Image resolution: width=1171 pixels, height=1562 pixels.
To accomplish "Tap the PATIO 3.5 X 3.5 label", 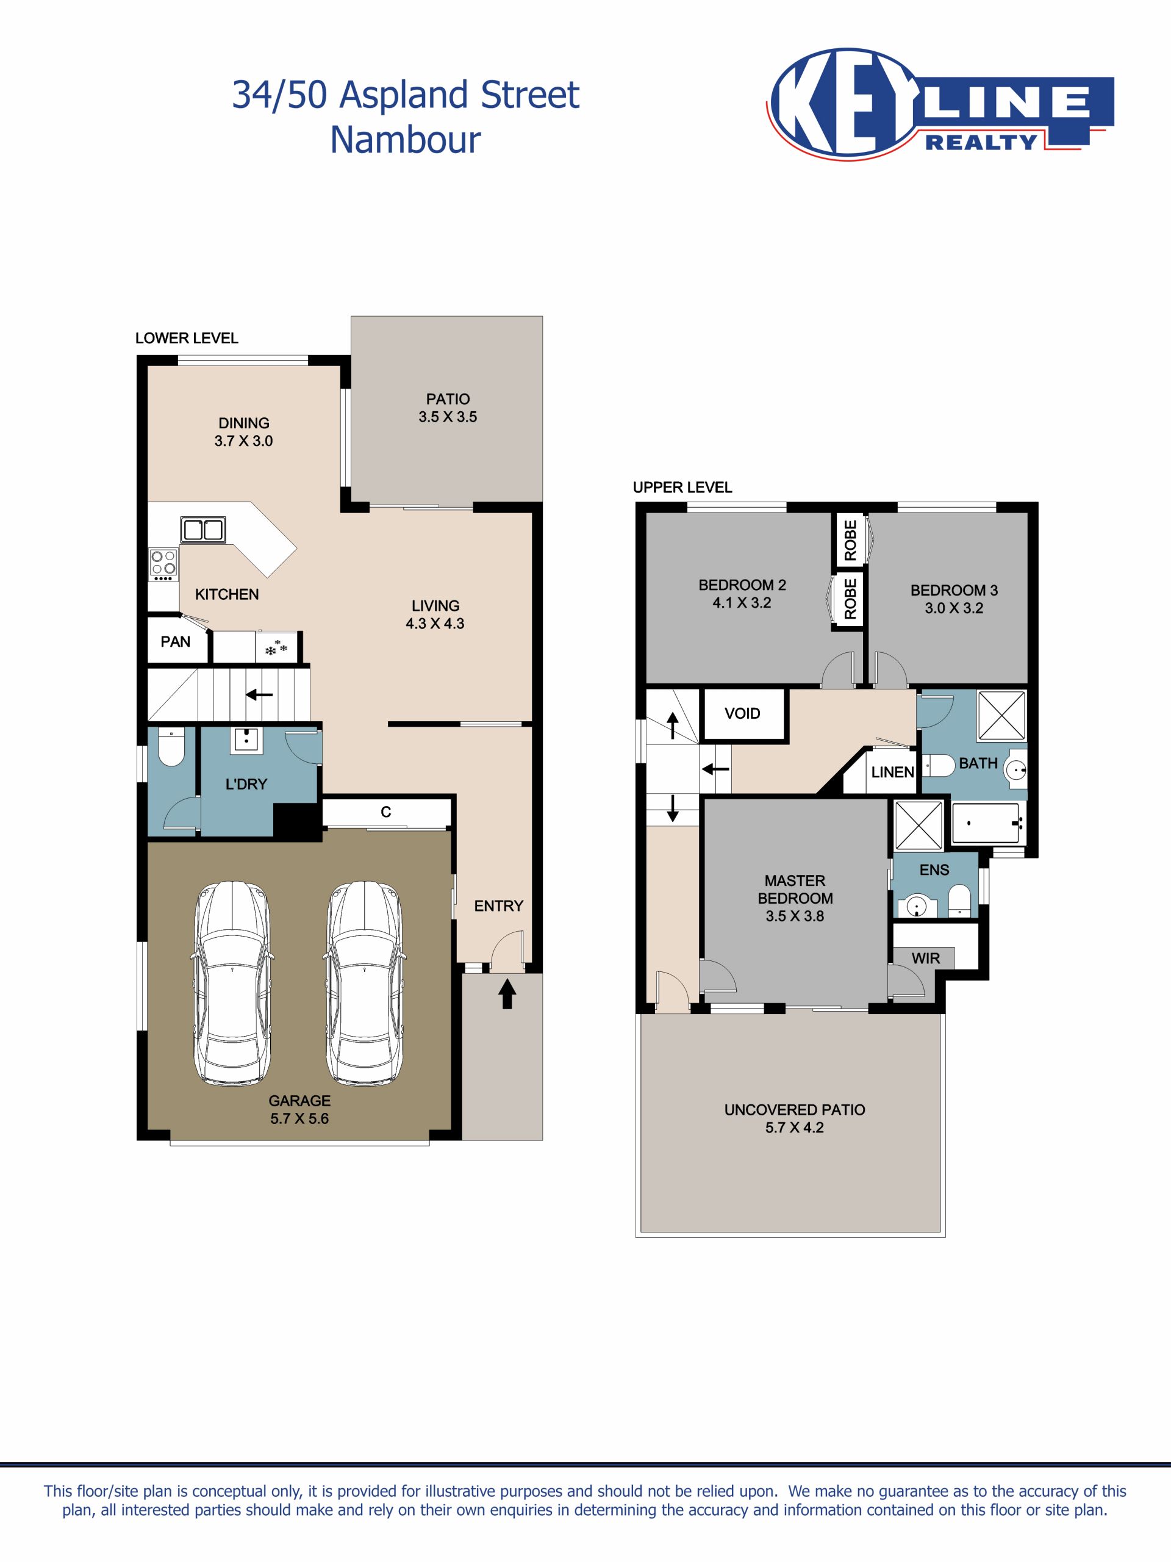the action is coord(448,408).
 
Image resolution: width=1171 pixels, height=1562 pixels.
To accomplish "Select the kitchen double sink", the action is coord(203,530).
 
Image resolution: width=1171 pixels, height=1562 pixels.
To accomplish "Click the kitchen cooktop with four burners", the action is coord(163,565).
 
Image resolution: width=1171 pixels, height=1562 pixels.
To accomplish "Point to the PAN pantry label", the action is coord(175,642).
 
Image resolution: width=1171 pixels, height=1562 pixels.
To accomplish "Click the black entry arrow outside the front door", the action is coord(507,993).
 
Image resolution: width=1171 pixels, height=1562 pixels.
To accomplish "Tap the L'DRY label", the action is coord(246,784).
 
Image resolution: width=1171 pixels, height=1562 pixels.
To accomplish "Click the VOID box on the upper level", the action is coord(743,714).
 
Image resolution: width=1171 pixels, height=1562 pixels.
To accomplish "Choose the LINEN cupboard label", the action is coord(893,772).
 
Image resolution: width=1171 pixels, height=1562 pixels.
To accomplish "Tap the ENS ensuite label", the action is coord(934,870).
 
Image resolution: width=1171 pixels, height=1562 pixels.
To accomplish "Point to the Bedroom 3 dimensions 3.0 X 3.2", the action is coord(954,608).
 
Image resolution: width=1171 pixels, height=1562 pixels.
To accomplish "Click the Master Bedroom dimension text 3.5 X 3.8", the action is coord(795,916).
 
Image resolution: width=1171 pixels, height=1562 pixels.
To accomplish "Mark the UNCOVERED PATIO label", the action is coord(794,1110).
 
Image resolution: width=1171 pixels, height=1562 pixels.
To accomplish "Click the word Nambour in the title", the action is coord(405,140).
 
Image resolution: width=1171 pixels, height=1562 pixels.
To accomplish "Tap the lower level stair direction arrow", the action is coord(259,695).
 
